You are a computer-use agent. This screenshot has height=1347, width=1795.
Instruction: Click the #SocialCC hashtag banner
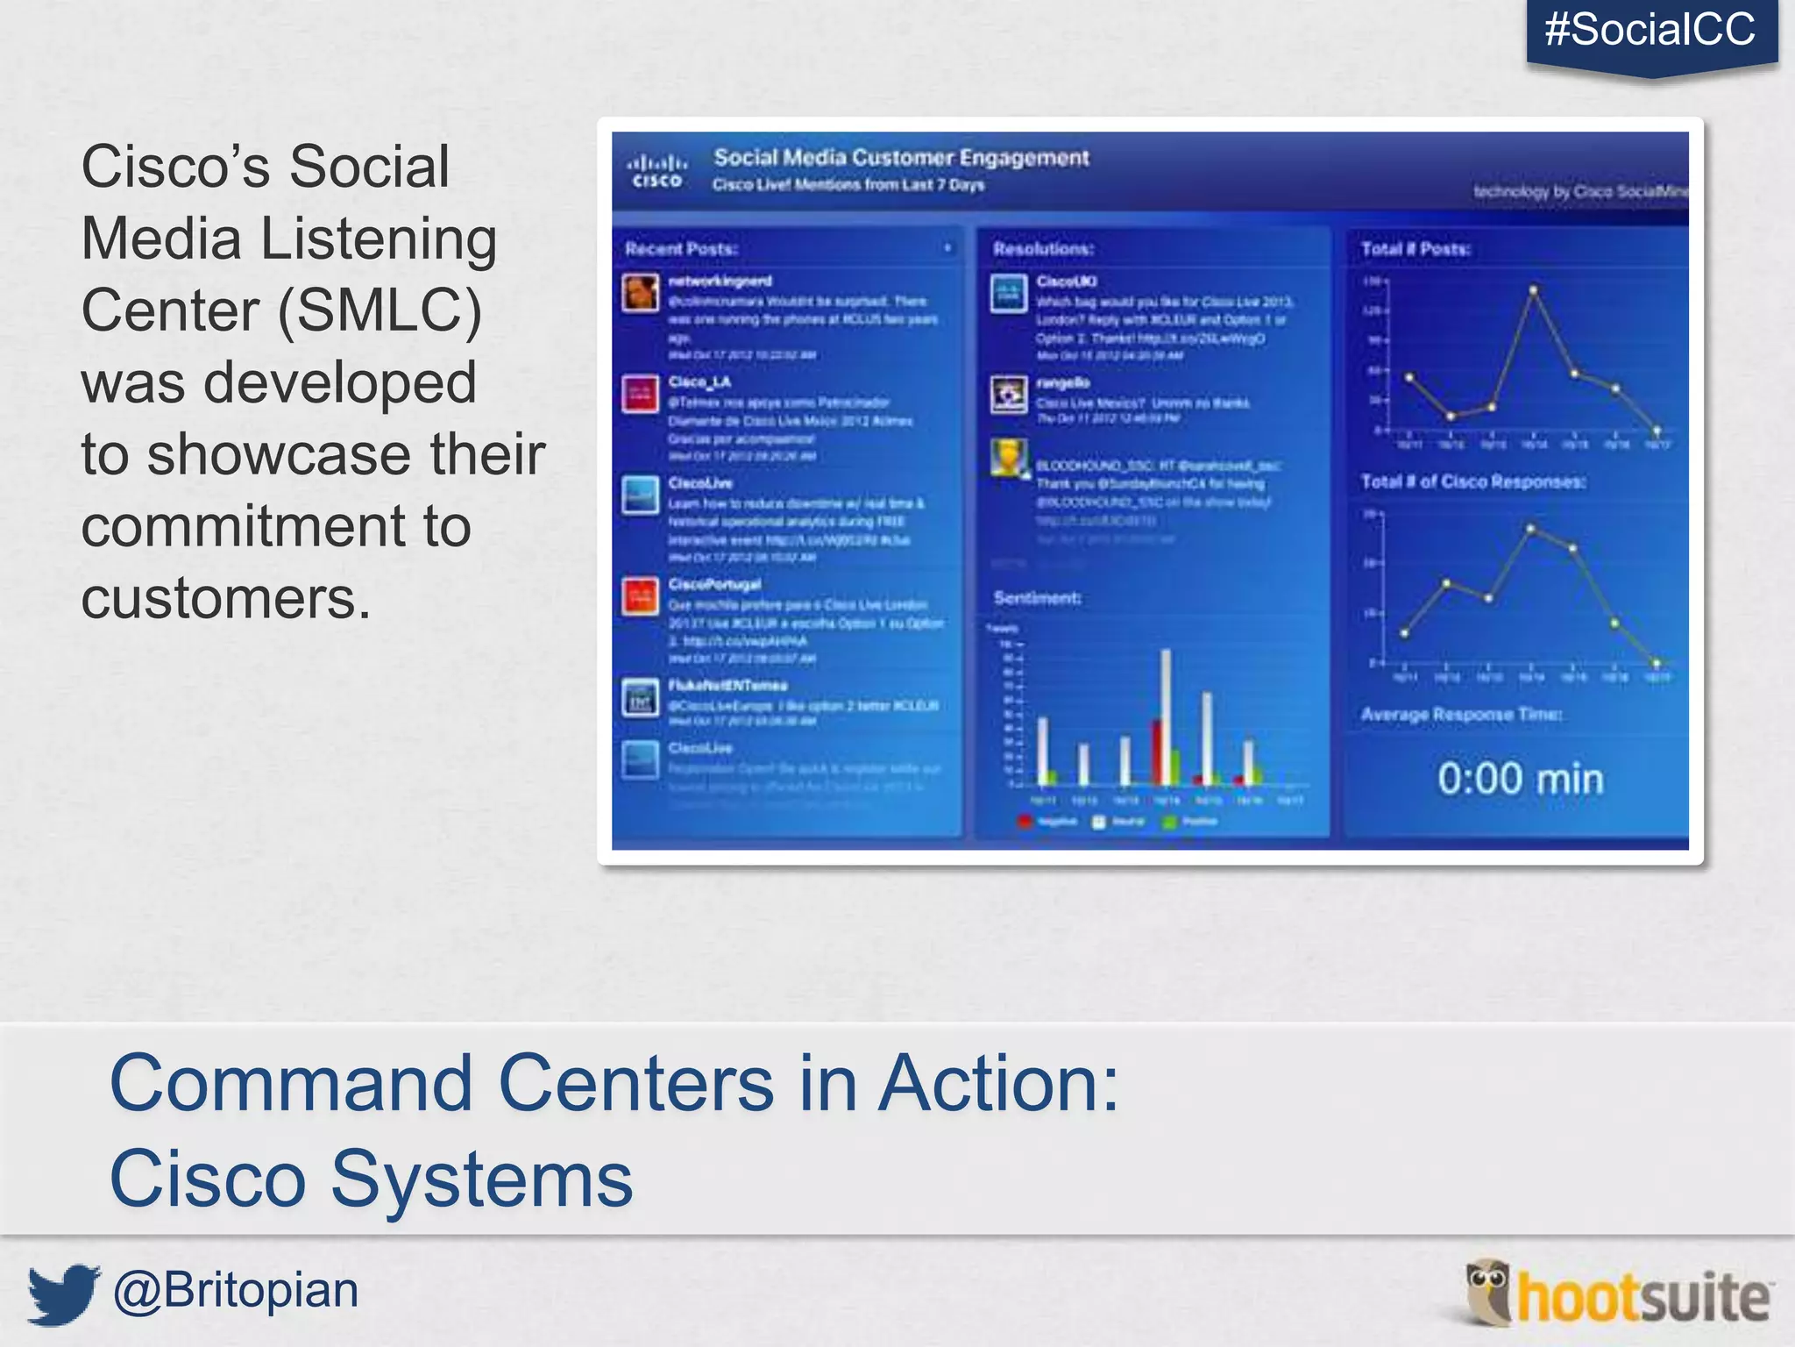(1650, 31)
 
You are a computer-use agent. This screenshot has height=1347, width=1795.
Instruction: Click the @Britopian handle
(236, 1291)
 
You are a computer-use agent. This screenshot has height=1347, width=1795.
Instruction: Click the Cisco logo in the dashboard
(656, 171)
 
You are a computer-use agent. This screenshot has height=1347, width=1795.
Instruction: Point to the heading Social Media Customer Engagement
(900, 158)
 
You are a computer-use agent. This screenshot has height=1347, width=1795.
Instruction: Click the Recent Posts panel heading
(681, 249)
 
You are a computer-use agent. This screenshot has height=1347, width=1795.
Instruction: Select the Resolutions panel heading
(1043, 249)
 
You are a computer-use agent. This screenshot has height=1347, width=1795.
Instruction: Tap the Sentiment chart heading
(1037, 598)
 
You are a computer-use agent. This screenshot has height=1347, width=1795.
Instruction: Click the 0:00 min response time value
(1520, 779)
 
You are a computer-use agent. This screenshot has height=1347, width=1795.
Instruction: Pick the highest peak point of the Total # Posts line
(1533, 289)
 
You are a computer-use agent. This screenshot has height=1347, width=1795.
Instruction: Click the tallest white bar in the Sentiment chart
(1166, 715)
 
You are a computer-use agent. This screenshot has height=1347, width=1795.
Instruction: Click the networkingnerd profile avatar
(641, 292)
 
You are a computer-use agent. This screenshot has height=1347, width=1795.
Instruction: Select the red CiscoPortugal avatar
(641, 597)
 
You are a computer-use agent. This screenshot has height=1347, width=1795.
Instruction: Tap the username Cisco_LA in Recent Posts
(699, 382)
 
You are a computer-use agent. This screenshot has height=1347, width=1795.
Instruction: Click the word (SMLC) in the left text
(380, 310)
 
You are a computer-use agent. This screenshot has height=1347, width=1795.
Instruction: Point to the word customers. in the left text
(226, 598)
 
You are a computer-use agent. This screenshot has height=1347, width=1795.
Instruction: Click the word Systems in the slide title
(481, 1179)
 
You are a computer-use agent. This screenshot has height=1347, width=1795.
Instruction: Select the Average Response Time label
(1460, 715)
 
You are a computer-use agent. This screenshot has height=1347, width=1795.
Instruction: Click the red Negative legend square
(1024, 822)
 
